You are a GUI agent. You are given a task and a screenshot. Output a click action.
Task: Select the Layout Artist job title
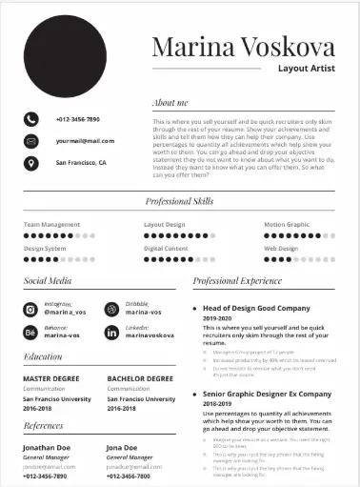306,69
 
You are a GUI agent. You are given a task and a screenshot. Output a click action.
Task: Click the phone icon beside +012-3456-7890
31,119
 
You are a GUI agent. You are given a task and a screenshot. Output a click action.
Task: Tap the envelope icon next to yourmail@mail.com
31,141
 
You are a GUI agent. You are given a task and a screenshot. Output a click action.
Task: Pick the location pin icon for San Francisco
31,163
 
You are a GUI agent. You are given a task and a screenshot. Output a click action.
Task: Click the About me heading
170,102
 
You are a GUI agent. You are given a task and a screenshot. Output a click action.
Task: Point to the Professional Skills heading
179,201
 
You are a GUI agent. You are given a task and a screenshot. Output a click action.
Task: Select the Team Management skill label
51,225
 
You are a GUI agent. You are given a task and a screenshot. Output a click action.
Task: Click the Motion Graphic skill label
287,225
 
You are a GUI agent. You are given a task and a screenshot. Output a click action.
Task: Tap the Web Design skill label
281,249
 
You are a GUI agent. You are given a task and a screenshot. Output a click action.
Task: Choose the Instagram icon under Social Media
30,309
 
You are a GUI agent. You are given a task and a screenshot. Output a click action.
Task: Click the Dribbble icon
112,309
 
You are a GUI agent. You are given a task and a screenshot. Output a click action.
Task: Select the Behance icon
30,332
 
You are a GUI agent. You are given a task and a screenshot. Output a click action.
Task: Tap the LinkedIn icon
112,332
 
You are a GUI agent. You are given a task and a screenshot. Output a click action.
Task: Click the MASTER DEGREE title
50,378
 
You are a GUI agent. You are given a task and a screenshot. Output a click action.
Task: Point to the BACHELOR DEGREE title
139,378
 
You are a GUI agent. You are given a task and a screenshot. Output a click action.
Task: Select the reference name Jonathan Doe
47,447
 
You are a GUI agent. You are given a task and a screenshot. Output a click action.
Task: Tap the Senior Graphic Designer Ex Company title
267,394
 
